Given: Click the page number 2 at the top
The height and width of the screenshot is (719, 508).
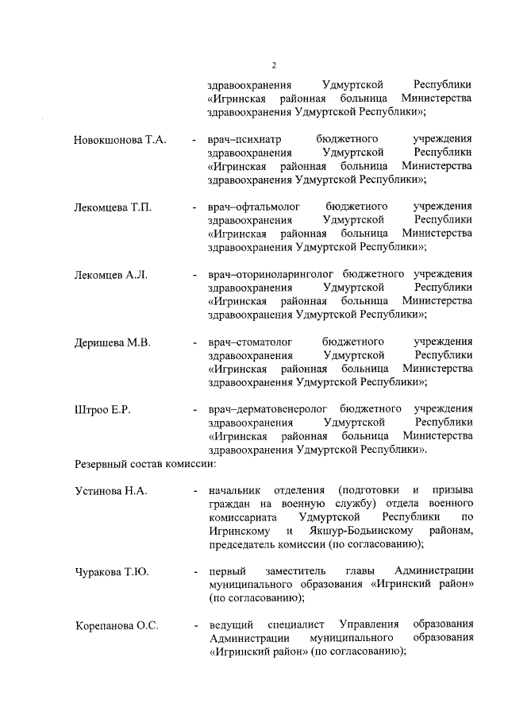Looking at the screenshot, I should click(273, 65).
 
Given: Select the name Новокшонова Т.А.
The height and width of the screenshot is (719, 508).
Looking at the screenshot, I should click(120, 140).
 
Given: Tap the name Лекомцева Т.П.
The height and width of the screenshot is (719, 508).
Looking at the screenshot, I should click(113, 207).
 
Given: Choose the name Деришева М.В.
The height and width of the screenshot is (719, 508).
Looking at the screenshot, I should click(112, 342).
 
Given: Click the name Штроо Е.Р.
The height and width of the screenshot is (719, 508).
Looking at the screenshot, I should click(102, 410).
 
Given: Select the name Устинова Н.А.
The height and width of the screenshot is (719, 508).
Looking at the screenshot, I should click(111, 491).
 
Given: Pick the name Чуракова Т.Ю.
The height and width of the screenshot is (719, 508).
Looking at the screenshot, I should click(112, 572).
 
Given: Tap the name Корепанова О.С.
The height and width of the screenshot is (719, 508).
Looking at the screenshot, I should click(117, 626).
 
